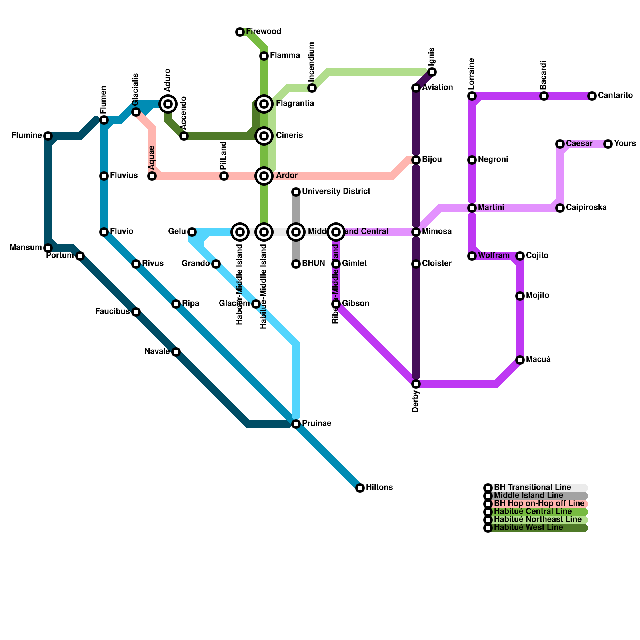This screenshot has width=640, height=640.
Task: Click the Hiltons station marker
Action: coord(360,488)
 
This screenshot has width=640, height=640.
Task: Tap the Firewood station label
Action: coord(264,32)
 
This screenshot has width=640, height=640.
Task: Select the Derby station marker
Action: coord(416,384)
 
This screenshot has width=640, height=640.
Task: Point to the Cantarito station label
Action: coord(615,96)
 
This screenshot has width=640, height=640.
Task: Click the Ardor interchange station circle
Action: coord(264,176)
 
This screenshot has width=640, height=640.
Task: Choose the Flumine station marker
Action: coord(48,136)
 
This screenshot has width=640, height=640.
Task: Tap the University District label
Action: coord(336,192)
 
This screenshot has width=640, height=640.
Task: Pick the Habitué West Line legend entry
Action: coord(528,528)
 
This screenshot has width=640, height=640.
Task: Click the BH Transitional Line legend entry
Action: coord(532,488)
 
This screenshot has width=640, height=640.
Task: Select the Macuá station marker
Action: coord(520,360)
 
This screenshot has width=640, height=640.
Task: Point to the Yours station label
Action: coord(625,144)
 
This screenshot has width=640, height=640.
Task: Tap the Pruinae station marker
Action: coord(296,424)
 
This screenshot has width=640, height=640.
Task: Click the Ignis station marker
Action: coord(432,72)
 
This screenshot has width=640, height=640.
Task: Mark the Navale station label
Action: coord(157,352)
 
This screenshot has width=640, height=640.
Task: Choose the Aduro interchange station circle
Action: coord(168,104)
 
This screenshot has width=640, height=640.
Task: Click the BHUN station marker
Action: coord(296,264)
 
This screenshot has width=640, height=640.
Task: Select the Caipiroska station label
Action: coord(586,208)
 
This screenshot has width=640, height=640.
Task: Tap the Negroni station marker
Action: coord(472,160)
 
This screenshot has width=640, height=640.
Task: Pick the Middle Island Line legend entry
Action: coord(528,496)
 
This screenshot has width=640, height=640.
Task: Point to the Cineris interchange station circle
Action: coord(264,136)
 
